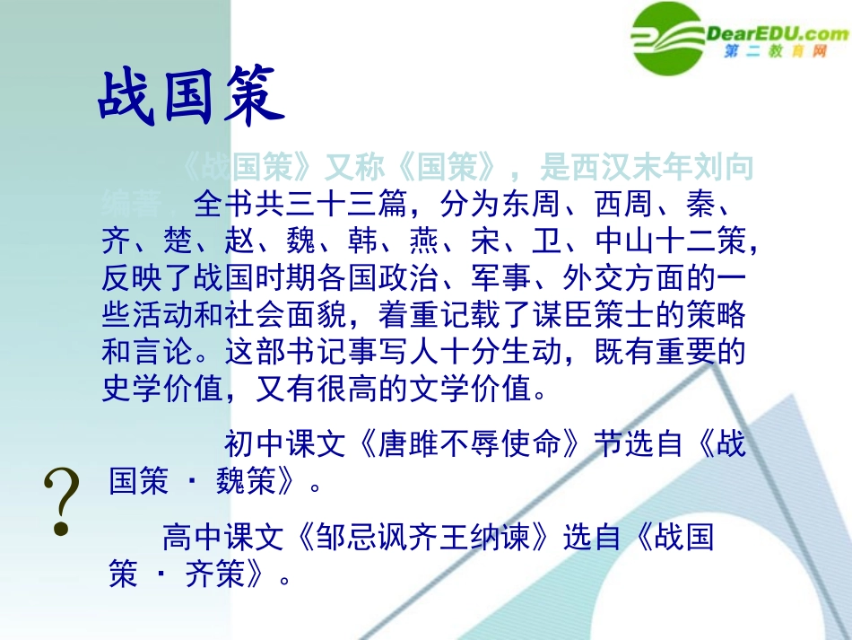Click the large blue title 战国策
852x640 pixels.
click(190, 96)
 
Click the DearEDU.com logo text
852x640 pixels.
click(778, 34)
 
